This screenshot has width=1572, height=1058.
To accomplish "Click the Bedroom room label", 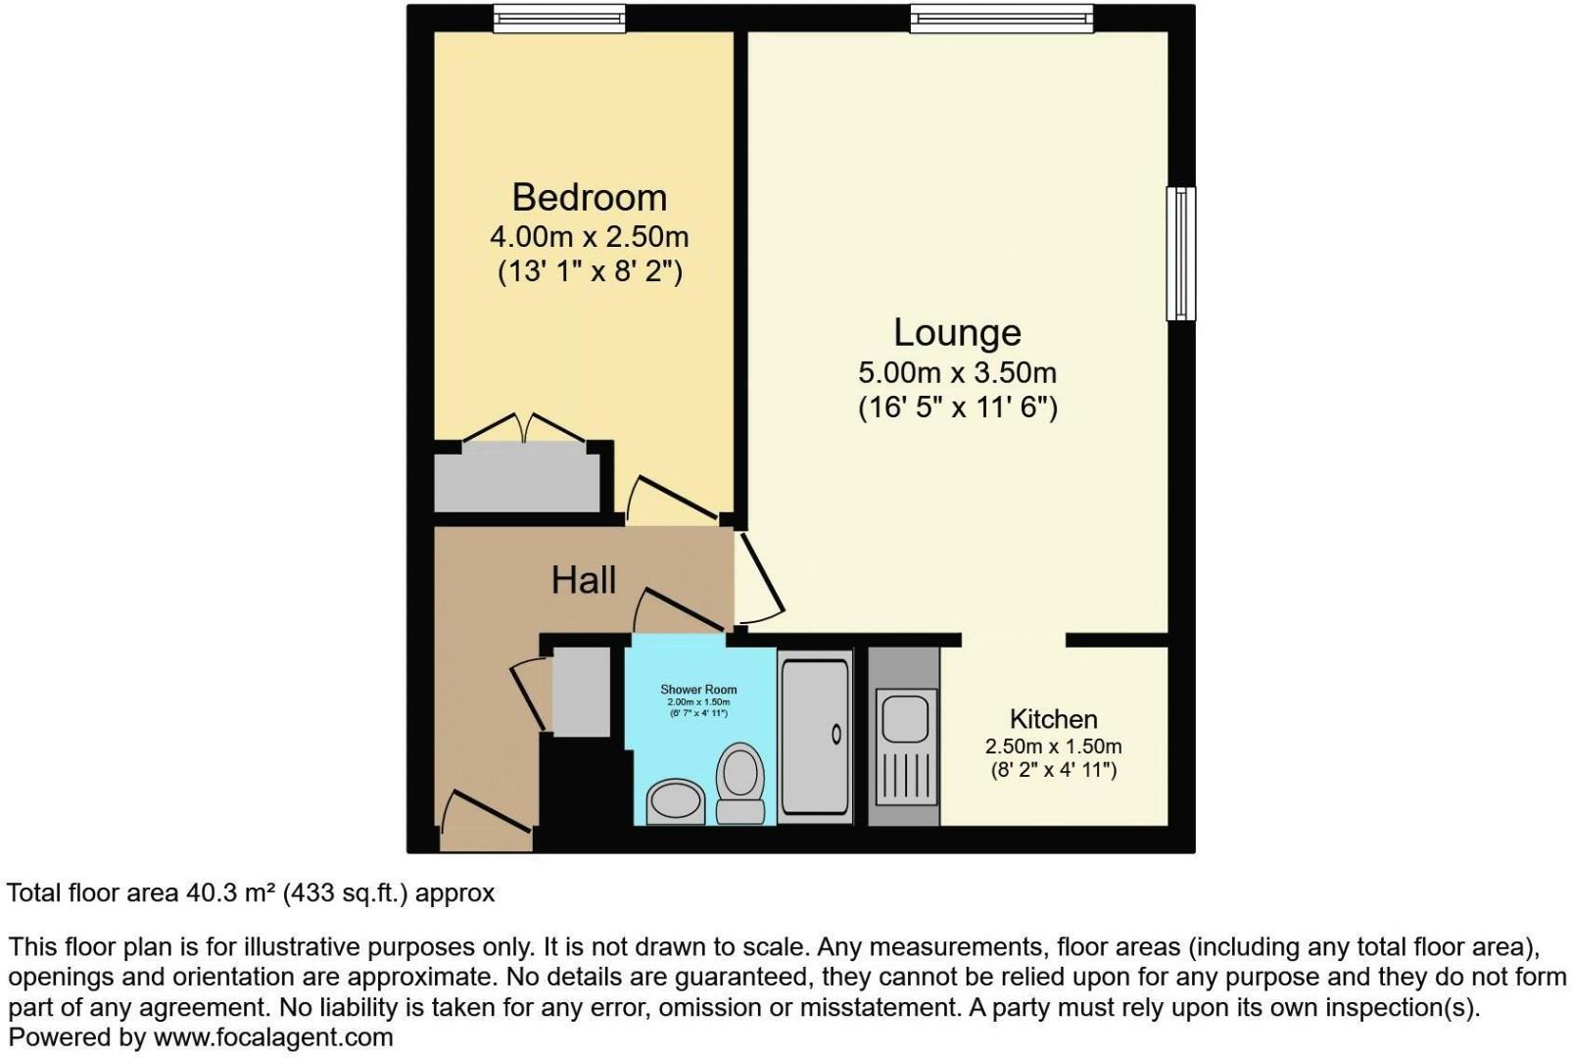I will [589, 197].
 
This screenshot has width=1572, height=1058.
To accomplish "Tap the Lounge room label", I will [957, 332].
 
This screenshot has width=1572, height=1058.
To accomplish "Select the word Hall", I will [583, 580].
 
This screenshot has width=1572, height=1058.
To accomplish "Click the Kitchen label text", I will [1053, 719].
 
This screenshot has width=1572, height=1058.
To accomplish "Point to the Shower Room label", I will [698, 690].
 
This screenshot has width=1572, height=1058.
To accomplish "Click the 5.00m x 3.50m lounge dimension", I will [957, 373].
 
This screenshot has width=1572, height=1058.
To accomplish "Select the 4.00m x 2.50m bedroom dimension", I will [589, 237].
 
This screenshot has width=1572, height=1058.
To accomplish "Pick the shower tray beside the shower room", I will [814, 735].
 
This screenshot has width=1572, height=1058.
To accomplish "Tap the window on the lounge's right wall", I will [1181, 254].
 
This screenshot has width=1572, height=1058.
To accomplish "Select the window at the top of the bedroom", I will [558, 18].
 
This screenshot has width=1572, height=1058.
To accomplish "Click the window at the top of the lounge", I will [1000, 18].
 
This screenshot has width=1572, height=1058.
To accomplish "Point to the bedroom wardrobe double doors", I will [526, 428].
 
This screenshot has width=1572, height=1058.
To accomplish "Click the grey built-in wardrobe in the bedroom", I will [517, 482].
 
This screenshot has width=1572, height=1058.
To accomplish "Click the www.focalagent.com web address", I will [273, 1037].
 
